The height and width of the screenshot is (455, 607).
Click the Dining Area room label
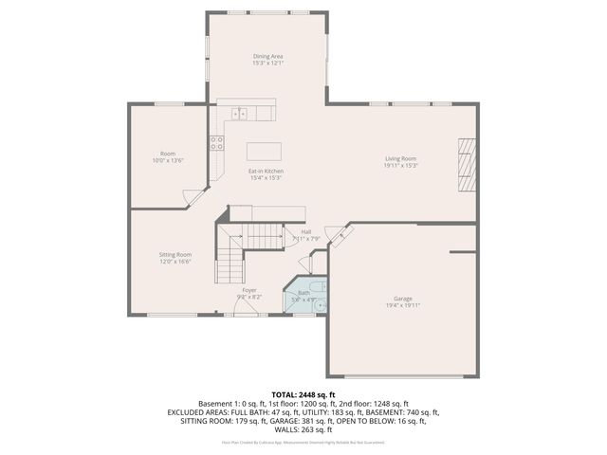coord(267,56)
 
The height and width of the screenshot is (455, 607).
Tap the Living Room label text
coord(400,158)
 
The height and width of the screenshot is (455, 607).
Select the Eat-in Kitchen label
coord(267,171)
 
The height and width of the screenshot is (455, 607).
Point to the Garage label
coord(403,298)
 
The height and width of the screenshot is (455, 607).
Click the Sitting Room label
coord(175,254)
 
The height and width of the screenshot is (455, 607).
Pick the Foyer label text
coord(249,289)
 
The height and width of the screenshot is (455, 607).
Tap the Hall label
coord(305,231)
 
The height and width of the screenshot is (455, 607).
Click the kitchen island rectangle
coord(266,151)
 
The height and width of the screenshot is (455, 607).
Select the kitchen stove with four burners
coord(217,143)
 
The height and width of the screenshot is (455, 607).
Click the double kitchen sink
coord(239,114)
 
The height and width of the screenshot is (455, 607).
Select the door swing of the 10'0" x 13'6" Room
coord(193,197)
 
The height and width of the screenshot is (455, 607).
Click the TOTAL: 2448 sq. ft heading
coord(303,394)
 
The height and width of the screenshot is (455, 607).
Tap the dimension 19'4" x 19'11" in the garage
coord(403,305)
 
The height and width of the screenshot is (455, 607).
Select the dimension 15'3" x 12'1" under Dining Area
coord(267,64)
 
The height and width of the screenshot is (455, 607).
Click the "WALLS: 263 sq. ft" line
coord(303,429)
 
